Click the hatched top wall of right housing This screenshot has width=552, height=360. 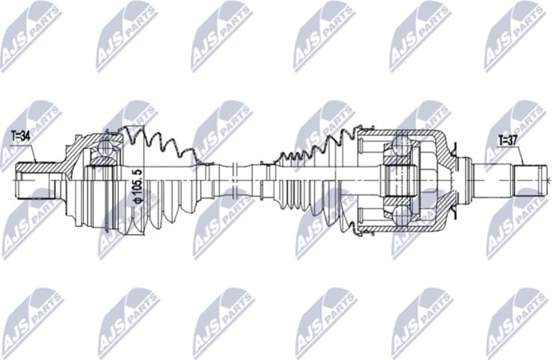tap(419, 135)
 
